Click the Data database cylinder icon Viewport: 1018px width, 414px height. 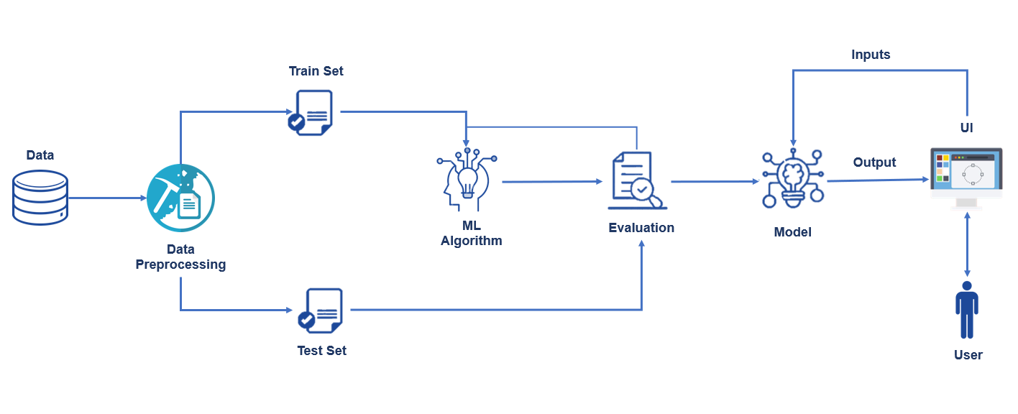coord(40,196)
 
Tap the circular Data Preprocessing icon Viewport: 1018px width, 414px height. coord(180,198)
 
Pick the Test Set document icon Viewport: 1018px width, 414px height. coord(320,310)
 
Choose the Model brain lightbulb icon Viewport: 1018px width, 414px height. coord(792,180)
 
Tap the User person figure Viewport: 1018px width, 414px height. coord(967,310)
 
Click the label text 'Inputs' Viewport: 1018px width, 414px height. coord(871,55)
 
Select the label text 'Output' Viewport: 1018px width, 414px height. coord(874,162)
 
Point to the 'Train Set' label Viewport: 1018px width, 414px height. coord(316,71)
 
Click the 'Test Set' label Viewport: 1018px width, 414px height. coord(321,351)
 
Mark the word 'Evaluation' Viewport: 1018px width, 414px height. coord(641,228)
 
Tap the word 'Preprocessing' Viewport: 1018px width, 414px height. coord(180,264)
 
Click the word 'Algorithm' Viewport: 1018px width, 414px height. coord(471,241)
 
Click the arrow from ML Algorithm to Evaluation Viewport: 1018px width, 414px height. coord(552,182)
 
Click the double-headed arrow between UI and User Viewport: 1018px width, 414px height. coord(967,244)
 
